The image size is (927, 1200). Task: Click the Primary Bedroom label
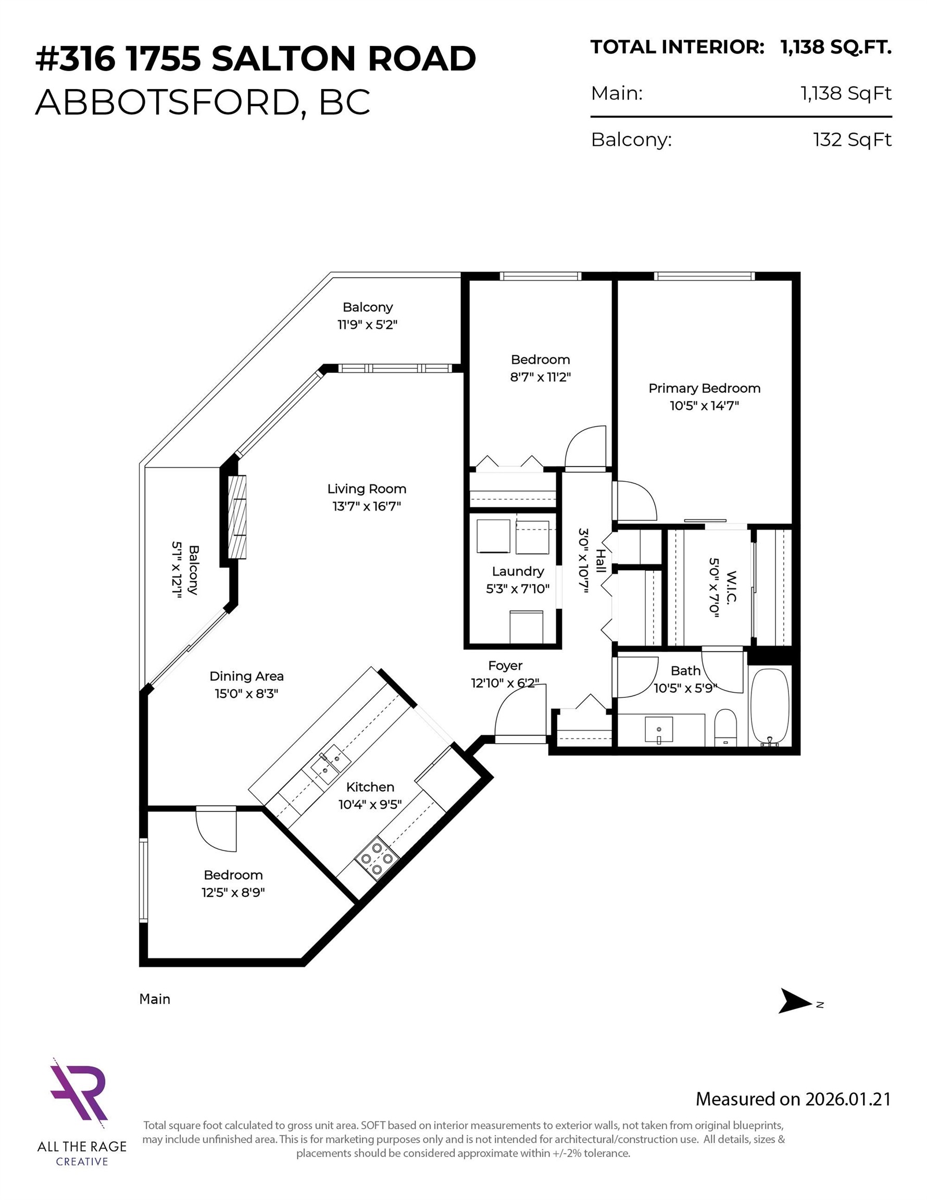(x=704, y=388)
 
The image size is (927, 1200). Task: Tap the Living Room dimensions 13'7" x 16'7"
(x=367, y=506)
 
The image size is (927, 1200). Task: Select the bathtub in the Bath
(x=770, y=706)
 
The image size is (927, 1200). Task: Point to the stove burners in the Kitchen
(x=377, y=858)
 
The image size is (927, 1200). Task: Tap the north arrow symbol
(x=795, y=1001)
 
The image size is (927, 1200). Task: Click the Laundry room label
(x=518, y=571)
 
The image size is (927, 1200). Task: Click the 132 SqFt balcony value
(x=851, y=140)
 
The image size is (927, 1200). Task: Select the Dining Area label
(x=247, y=676)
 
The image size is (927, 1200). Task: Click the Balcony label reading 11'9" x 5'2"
(x=367, y=324)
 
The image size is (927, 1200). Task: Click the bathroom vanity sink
(x=659, y=730)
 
